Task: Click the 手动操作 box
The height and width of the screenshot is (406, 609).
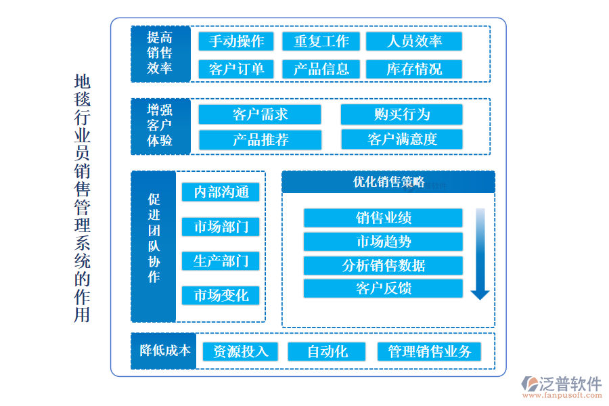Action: pos(236,41)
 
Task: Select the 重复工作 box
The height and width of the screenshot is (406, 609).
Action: pos(321,41)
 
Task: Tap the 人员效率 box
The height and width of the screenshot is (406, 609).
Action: pos(414,41)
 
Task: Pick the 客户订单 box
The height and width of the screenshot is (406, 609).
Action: pos(236,69)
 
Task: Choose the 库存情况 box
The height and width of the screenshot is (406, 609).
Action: pos(414,69)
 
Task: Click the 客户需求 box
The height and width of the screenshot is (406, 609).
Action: pos(260,114)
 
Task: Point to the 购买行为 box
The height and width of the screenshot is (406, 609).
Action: pos(402,114)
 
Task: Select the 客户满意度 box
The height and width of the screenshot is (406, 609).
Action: pos(402,139)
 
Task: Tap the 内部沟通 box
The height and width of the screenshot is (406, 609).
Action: pos(221,192)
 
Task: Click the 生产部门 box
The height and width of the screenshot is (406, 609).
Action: pos(221,261)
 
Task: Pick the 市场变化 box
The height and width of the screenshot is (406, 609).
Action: pos(221,296)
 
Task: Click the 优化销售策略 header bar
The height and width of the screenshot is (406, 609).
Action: pos(388,182)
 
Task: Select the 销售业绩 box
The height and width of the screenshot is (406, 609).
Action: pos(383,218)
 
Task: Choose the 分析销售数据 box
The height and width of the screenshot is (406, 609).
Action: pos(383,265)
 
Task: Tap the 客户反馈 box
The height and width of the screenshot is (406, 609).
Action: pos(383,289)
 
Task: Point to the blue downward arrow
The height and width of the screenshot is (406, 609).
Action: pos(480,254)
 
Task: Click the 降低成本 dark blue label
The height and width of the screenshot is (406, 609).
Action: pos(164,351)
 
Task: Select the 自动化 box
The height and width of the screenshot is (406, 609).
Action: pos(328,352)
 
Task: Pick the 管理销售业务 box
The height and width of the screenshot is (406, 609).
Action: pos(429,352)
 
